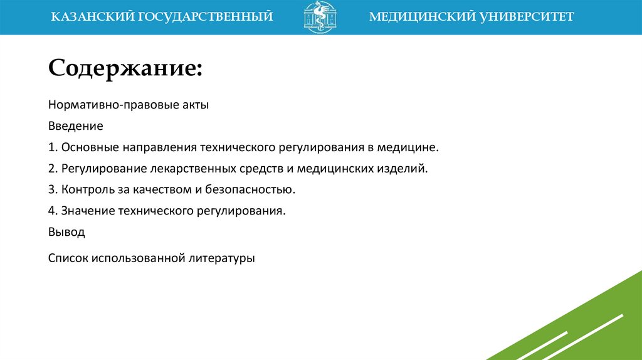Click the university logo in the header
[x=320, y=17]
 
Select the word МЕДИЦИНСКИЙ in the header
[x=414, y=17]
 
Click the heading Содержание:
[x=125, y=67]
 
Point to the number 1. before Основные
[x=53, y=147]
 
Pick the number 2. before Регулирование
[x=53, y=169]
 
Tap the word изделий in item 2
[x=409, y=169]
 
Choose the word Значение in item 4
[x=87, y=211]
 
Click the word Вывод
[x=66, y=232]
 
